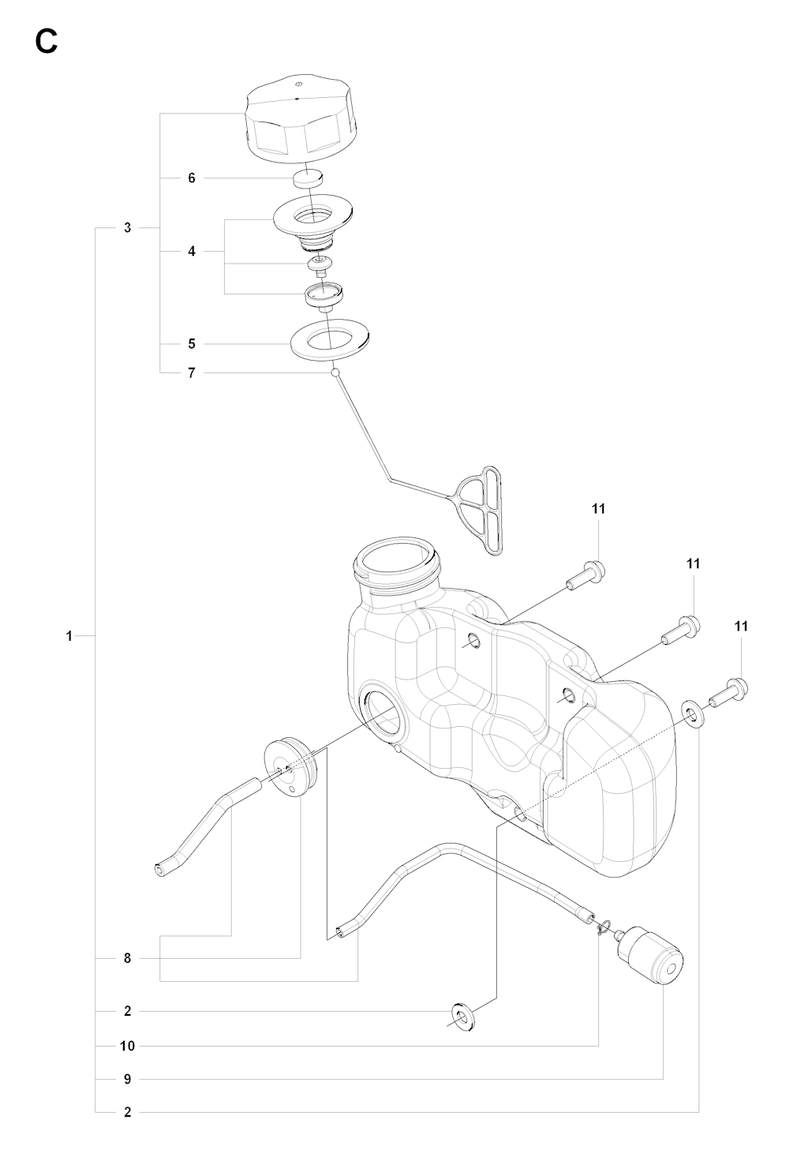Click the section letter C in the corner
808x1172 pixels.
(x=46, y=41)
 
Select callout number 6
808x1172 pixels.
(x=192, y=178)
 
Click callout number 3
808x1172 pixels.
(x=127, y=228)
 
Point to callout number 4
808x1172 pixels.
(x=192, y=252)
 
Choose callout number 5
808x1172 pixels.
(x=192, y=344)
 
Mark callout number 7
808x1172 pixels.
(x=192, y=373)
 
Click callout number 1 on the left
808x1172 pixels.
(x=69, y=636)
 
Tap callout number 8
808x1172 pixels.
(x=127, y=959)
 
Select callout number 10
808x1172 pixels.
(x=127, y=1046)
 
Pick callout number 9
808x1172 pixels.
(x=127, y=1079)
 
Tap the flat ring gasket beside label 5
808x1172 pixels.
(x=330, y=339)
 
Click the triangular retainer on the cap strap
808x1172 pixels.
(x=480, y=511)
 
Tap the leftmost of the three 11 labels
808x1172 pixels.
(x=598, y=508)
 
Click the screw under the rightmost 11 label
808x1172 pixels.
(x=728, y=691)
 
